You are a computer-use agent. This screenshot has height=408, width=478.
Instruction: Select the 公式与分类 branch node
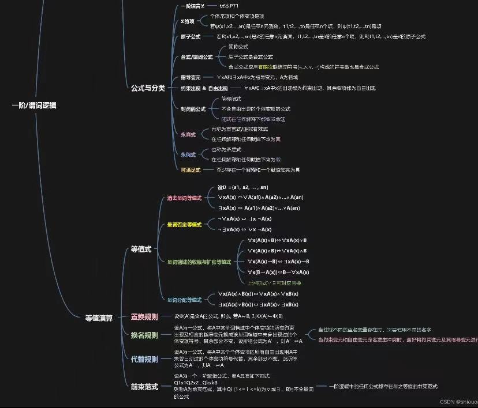tap(148, 88)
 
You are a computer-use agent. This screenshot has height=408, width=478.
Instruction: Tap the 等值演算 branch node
tap(99, 316)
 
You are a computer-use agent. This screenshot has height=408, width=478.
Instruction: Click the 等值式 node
tap(141, 249)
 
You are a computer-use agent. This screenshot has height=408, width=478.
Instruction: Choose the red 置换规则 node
tap(144, 316)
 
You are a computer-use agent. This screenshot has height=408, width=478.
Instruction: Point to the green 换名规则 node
tap(144, 335)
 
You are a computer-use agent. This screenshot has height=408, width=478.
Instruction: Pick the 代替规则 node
tap(144, 359)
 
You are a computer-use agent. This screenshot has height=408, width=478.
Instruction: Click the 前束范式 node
tap(144, 386)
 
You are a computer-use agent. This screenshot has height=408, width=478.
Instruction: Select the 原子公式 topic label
tap(191, 36)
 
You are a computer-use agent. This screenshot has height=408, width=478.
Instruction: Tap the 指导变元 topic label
tap(191, 77)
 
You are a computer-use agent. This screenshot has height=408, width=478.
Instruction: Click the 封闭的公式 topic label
tap(193, 108)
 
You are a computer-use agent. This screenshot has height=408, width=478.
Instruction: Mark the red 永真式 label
tap(188, 134)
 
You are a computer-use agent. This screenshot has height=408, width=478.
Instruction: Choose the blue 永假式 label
tap(188, 154)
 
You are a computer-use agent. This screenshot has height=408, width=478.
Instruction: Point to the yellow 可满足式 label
tap(191, 170)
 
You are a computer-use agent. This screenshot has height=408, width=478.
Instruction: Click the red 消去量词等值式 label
tap(184, 198)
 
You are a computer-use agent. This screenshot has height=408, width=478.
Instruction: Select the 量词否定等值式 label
tap(184, 224)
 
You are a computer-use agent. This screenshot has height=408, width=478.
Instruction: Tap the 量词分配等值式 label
tap(184, 300)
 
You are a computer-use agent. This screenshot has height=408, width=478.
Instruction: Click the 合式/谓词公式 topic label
tap(197, 57)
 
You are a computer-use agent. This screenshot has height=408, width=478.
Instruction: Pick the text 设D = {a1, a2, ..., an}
tap(242, 188)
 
